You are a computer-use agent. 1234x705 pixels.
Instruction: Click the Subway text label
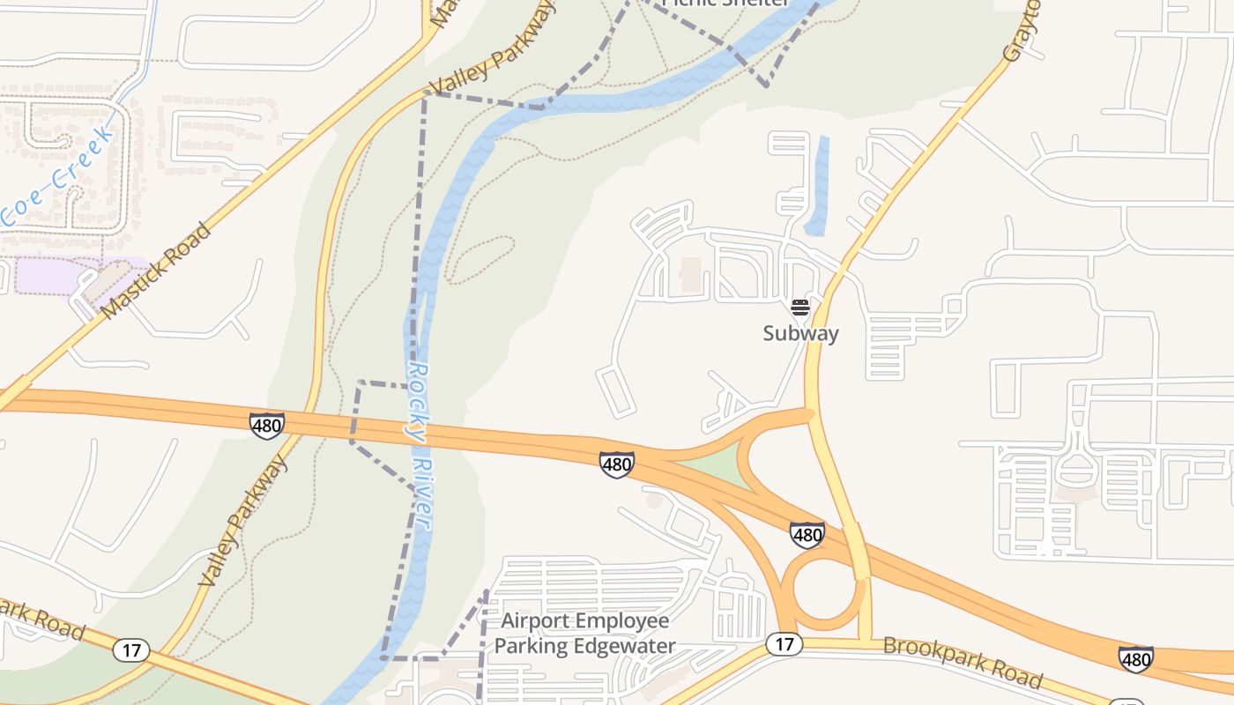(x=800, y=333)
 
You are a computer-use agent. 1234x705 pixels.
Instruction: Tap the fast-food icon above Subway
(x=800, y=308)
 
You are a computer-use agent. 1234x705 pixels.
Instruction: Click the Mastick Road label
(x=157, y=271)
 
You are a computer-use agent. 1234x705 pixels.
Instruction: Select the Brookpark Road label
(x=963, y=661)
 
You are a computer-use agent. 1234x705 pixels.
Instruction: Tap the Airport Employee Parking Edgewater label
(x=585, y=634)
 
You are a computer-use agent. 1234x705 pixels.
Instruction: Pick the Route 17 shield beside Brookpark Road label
(x=784, y=644)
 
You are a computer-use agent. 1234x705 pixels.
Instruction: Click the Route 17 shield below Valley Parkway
(x=131, y=651)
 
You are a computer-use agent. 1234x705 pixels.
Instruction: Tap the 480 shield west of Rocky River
(x=266, y=427)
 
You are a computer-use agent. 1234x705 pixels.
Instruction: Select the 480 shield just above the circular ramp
(x=807, y=534)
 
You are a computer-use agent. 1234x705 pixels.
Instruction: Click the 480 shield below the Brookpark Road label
(x=1135, y=659)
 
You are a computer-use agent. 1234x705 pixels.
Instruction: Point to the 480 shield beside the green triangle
(x=617, y=464)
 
